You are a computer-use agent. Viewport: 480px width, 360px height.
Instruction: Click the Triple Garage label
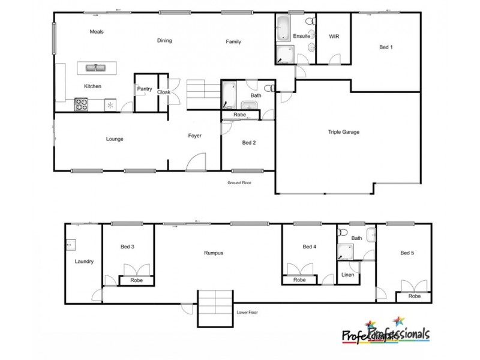coord(343,132)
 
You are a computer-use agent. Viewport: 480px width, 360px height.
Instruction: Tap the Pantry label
coord(145,89)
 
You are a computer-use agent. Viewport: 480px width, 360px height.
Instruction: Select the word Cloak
coord(164,92)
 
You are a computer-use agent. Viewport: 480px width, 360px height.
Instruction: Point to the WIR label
coord(334,37)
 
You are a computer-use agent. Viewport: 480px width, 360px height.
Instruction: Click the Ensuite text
coord(301,37)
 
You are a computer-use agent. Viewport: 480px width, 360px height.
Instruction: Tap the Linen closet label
coord(347,275)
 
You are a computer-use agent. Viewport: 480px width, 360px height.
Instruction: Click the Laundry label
coord(84,261)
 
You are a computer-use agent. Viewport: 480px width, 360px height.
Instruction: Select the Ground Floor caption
coord(239,182)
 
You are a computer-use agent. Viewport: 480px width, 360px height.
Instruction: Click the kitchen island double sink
coord(95,68)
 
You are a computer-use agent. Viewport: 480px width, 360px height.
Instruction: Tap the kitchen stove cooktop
coord(80,105)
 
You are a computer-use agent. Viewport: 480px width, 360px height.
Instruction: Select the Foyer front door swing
coord(195,162)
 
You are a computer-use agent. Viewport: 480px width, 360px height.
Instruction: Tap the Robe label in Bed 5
coord(414,296)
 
